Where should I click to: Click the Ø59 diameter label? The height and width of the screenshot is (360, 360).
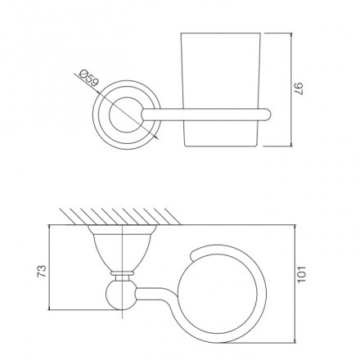point(88,79)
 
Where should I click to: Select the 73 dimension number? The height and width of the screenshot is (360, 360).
point(42,271)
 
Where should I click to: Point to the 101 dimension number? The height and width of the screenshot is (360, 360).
point(302,274)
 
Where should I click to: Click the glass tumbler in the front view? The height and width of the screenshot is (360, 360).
point(221,89)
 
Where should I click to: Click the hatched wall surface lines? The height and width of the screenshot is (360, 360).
point(120,217)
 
